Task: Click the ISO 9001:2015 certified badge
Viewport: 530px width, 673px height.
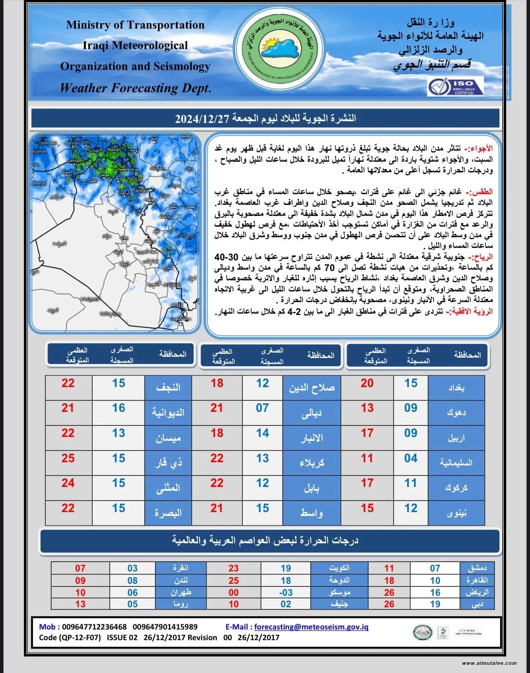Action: pos(455,87)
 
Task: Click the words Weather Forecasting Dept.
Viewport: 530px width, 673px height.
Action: pos(136,88)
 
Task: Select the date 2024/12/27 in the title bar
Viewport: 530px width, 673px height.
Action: pos(202,119)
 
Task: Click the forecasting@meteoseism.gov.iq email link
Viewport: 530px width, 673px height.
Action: pos(311,627)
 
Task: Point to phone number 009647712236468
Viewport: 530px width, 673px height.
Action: pos(94,627)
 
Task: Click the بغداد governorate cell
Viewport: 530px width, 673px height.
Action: pos(456,387)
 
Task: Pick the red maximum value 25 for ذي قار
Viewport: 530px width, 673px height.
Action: pos(68,458)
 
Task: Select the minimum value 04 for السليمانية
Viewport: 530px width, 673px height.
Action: pos(411,458)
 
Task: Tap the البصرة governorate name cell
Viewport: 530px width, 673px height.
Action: pos(168,513)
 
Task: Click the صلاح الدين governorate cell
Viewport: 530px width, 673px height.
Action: pos(312,387)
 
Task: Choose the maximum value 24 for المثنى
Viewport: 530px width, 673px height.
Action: pos(68,483)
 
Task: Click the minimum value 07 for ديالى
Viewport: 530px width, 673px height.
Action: pos(262,408)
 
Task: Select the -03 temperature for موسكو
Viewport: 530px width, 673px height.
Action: pos(285,592)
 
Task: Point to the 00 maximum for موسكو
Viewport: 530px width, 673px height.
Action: pos(233,592)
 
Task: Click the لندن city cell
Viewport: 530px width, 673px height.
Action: pos(181,580)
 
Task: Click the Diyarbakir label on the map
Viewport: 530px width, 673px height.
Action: pos(47,143)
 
